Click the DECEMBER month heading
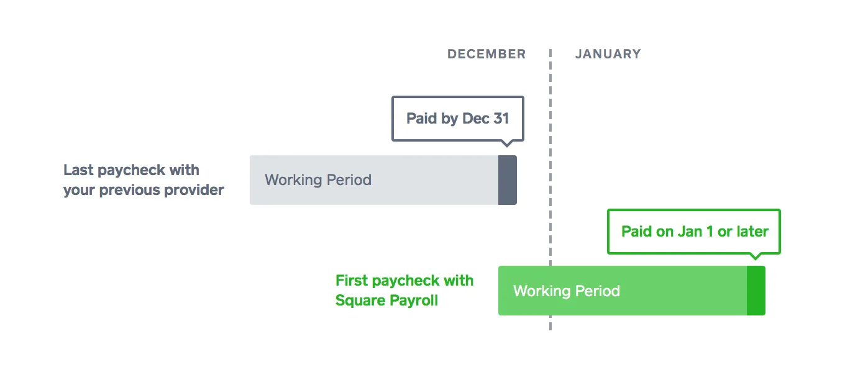[x=486, y=54]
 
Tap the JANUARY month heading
[x=608, y=54]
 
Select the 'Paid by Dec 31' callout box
[x=458, y=119]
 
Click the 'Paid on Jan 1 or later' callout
[x=694, y=232]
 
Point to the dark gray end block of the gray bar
[x=508, y=180]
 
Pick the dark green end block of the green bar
[x=756, y=291]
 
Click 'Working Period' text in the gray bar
[x=318, y=180]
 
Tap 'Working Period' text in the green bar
[x=567, y=291]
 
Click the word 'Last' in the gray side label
[x=78, y=170]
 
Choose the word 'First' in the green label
[x=352, y=281]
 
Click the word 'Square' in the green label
[x=360, y=301]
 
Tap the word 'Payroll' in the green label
[x=414, y=301]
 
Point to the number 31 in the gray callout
[x=501, y=119]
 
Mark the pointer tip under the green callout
[x=756, y=259]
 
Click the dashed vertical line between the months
[x=550, y=189]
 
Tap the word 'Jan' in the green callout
[x=690, y=232]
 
